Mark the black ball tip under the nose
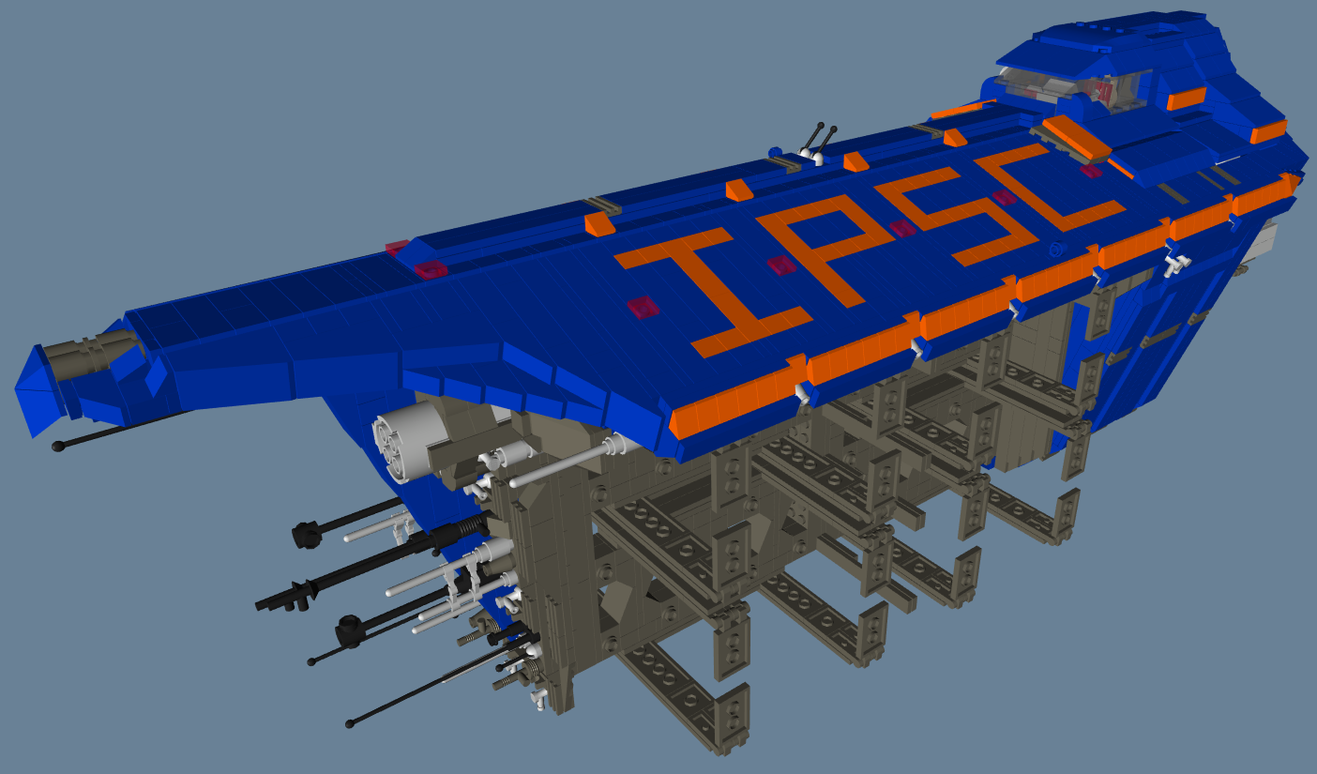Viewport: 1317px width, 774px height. click(57, 447)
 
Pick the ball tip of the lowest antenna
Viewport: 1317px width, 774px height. click(349, 724)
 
